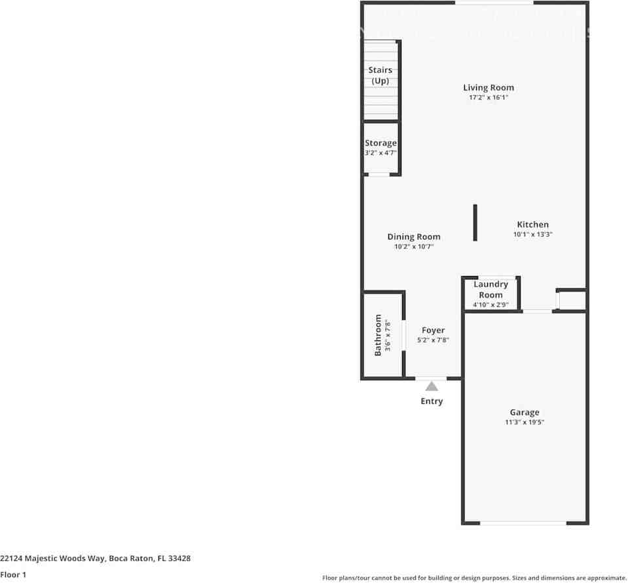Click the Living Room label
[489, 88]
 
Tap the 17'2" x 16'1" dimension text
[489, 98]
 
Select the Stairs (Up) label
[380, 75]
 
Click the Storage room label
[380, 143]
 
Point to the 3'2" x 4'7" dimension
[380, 153]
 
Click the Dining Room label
[414, 237]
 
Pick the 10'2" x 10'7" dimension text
[414, 247]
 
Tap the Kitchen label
[533, 224]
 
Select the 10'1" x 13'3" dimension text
[533, 234]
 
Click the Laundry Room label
[491, 289]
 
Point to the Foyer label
[434, 331]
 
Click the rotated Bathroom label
[378, 335]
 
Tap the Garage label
[525, 412]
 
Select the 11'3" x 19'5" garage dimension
[525, 422]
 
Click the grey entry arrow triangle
[432, 386]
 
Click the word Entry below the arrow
[432, 401]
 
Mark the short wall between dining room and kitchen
[475, 223]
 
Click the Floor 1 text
[13, 575]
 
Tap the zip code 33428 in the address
[179, 559]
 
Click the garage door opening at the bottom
[523, 523]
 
